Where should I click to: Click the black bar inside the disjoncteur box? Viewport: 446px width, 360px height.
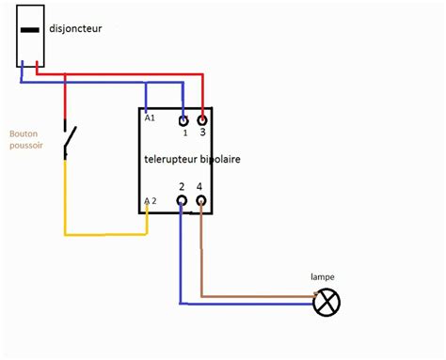30,30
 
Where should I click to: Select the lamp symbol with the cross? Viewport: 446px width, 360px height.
326,302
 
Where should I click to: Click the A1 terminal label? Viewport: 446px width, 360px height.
150,117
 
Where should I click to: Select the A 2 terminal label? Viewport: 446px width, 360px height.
150,201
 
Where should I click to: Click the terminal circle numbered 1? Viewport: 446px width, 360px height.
183,120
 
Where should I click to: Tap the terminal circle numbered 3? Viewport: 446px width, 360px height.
200,120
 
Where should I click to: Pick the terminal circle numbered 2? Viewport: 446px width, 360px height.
182,203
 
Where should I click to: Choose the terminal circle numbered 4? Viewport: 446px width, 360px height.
199,203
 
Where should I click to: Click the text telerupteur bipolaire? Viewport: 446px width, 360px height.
192,160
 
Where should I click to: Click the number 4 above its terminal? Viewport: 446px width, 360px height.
199,188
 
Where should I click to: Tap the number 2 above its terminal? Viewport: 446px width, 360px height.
182,188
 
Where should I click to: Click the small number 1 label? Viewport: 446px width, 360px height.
185,133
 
